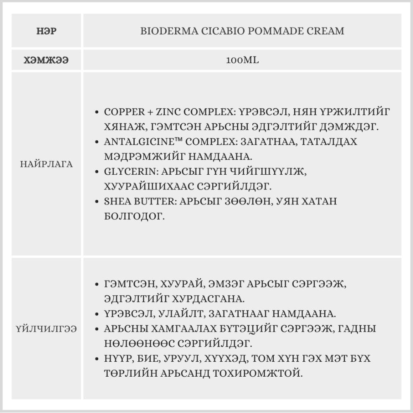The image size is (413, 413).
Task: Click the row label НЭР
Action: [x=46, y=31]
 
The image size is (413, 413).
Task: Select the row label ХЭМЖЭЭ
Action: [x=46, y=60]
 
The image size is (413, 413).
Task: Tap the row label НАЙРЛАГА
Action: [x=46, y=164]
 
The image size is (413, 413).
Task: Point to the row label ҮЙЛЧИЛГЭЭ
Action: [x=46, y=329]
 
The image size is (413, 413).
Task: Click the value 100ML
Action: [x=242, y=60]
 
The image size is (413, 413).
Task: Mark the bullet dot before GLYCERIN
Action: [x=97, y=172]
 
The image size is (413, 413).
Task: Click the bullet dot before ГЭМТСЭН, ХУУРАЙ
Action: [x=97, y=284]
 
